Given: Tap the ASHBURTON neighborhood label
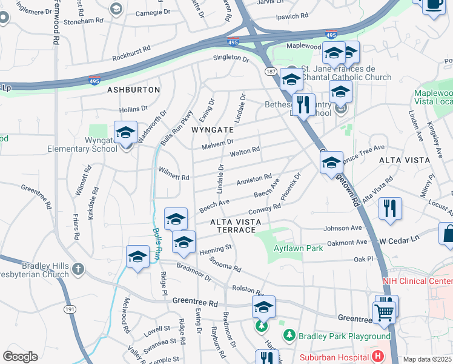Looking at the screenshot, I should pyautogui.click(x=133, y=90).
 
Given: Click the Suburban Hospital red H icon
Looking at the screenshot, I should pyautogui.click(x=379, y=356).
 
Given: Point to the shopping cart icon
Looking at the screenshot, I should pyautogui.click(x=385, y=312).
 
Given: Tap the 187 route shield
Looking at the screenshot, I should pyautogui.click(x=270, y=72).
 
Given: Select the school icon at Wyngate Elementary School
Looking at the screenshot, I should pyautogui.click(x=125, y=132).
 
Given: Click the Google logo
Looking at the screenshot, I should pyautogui.click(x=20, y=357).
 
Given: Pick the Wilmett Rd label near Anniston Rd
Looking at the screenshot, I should pyautogui.click(x=174, y=178).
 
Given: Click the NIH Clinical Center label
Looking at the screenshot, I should pyautogui.click(x=417, y=281).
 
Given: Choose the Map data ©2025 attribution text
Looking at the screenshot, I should pyautogui.click(x=428, y=359).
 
